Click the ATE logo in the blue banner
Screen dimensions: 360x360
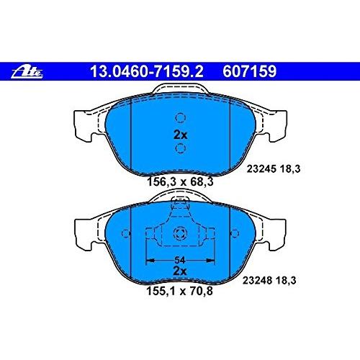[x=27, y=72]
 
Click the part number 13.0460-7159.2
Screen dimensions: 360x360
[x=147, y=71]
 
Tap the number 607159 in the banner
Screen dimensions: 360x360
[x=250, y=71]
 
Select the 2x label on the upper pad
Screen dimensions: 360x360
[x=180, y=135]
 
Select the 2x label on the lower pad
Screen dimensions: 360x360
[x=180, y=271]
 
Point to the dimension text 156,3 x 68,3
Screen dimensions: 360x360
[x=180, y=181]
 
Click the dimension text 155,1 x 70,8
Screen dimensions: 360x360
[x=179, y=291]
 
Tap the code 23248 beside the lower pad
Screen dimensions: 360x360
[x=257, y=280]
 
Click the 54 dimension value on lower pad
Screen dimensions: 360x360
[x=180, y=260]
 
